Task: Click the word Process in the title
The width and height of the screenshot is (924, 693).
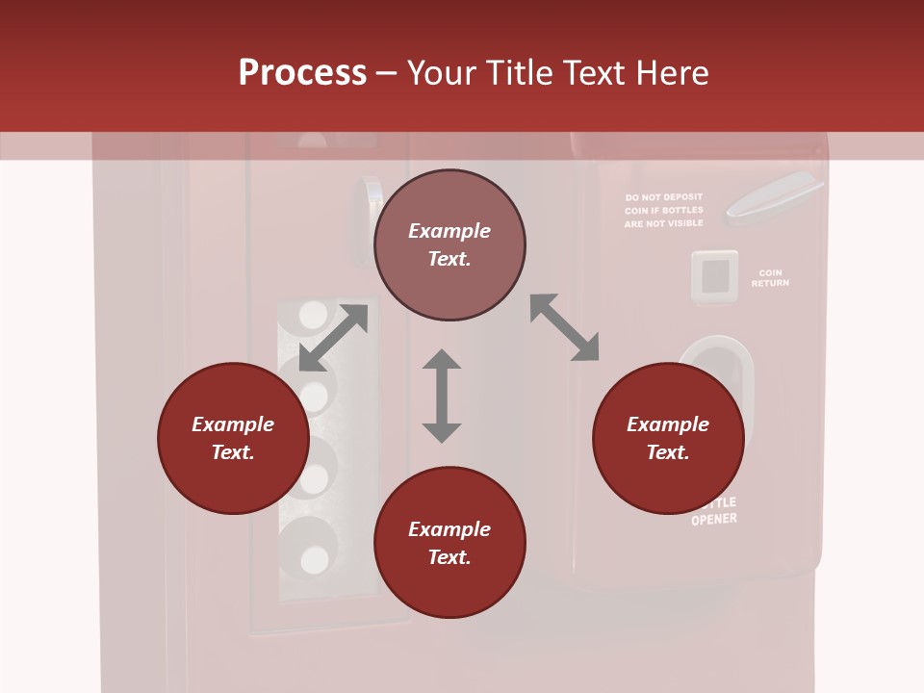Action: [x=302, y=73]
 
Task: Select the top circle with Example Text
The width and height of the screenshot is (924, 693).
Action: [x=449, y=245]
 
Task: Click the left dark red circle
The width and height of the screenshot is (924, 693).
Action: [x=233, y=439]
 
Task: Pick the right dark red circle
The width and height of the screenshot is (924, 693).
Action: [x=668, y=439]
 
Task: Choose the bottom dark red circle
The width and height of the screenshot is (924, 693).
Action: [x=449, y=543]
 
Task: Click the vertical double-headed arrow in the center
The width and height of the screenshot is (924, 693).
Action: [x=442, y=396]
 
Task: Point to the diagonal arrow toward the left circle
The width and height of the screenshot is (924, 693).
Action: [x=333, y=338]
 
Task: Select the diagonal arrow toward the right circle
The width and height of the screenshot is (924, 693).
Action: [x=565, y=327]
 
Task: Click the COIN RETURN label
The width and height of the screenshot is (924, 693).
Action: [x=770, y=278]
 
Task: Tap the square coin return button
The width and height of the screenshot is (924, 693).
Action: [x=714, y=277]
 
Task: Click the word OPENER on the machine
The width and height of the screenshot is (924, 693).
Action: [x=714, y=520]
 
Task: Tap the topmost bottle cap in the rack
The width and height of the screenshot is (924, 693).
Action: [x=313, y=315]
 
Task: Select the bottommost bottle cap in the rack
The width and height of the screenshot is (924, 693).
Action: [x=314, y=559]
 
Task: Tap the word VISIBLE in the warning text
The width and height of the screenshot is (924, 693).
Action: [x=684, y=223]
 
